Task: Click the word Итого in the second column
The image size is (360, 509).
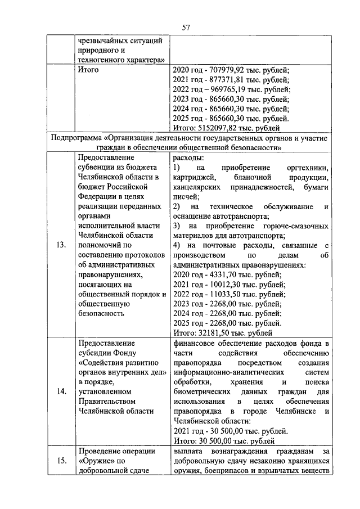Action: (x=88, y=70)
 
